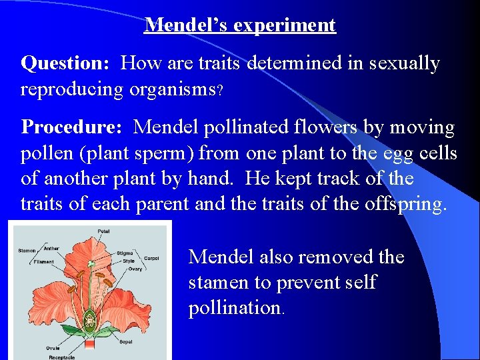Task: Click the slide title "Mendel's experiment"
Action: pyautogui.click(x=240, y=25)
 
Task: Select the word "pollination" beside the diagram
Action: pyautogui.click(x=235, y=308)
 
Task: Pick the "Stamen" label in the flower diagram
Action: pyautogui.click(x=27, y=251)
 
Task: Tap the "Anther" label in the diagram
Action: pyautogui.click(x=51, y=249)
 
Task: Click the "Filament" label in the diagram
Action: pyautogui.click(x=43, y=261)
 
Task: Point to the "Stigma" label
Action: pyautogui.click(x=125, y=253)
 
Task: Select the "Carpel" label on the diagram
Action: pyautogui.click(x=151, y=259)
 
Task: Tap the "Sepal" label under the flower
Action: pyautogui.click(x=125, y=341)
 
